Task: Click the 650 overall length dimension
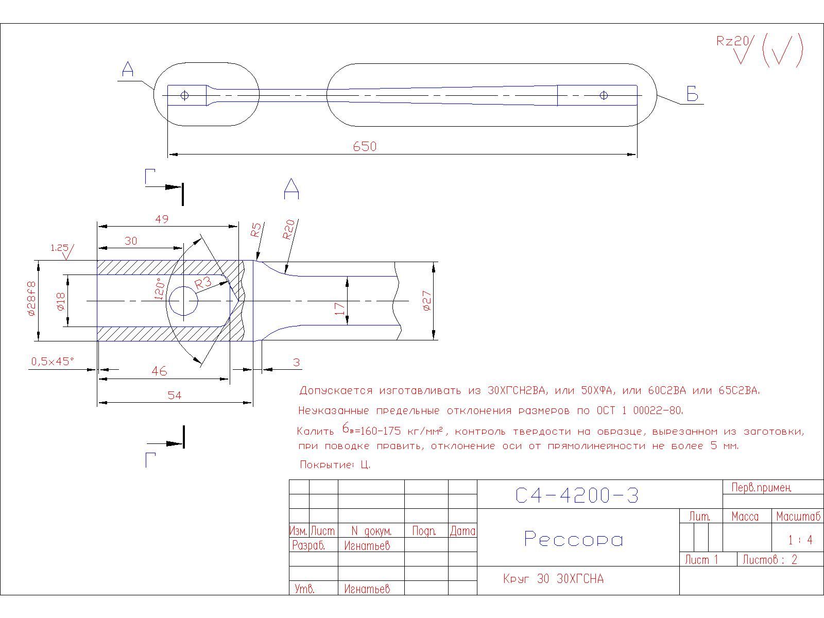click(365, 147)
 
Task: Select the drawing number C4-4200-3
click(577, 495)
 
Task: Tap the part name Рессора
click(573, 539)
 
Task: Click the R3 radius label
click(203, 282)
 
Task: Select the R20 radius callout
click(289, 229)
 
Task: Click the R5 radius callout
click(256, 230)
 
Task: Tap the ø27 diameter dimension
click(426, 301)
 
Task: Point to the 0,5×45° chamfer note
click(53, 362)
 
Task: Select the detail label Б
click(692, 95)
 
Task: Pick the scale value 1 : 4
click(800, 540)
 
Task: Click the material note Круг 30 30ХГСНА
click(553, 579)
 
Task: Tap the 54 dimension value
click(175, 396)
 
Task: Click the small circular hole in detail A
click(183, 301)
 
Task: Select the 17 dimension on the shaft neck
click(340, 309)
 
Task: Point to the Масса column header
click(745, 516)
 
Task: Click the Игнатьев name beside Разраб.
click(367, 545)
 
